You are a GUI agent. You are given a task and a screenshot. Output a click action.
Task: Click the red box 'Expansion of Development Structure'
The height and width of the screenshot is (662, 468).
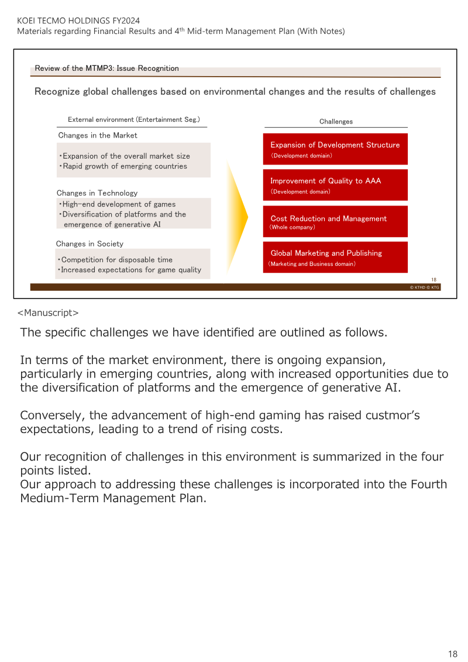(x=335, y=149)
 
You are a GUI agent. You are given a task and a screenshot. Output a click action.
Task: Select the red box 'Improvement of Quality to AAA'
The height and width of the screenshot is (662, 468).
(x=335, y=186)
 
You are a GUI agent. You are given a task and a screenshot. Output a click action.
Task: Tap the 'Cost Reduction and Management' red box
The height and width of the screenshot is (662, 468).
(x=335, y=222)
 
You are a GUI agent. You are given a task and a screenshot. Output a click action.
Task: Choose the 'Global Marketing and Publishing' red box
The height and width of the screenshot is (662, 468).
(x=335, y=258)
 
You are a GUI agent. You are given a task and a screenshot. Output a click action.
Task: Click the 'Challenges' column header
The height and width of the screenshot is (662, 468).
(x=336, y=122)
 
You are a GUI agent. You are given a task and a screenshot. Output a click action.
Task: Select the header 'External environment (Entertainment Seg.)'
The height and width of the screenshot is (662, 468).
(x=134, y=119)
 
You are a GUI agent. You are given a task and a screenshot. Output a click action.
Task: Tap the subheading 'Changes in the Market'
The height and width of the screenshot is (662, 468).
(x=98, y=135)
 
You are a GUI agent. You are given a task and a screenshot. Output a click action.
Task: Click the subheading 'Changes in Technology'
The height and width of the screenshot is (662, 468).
(x=97, y=193)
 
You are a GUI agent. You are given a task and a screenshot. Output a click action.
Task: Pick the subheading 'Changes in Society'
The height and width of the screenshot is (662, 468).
(x=90, y=243)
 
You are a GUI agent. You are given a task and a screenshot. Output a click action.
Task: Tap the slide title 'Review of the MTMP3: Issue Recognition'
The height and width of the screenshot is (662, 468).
(x=106, y=68)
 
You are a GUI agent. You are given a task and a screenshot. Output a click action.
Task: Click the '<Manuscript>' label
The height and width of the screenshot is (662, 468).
(x=48, y=313)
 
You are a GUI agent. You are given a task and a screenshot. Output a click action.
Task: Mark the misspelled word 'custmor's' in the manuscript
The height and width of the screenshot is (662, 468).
(x=395, y=415)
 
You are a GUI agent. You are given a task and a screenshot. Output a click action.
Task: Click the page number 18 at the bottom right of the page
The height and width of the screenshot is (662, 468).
(x=453, y=654)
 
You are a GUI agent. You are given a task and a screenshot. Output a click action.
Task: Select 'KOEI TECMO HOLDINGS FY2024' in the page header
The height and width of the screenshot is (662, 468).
(x=75, y=20)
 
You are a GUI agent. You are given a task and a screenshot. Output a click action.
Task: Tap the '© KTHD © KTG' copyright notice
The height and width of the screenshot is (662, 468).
(x=425, y=287)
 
